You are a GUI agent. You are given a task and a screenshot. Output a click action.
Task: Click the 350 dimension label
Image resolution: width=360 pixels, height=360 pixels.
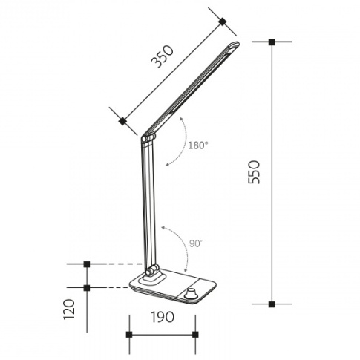coord(163,56)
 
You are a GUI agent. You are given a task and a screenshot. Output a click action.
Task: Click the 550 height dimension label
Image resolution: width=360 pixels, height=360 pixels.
coord(254,172)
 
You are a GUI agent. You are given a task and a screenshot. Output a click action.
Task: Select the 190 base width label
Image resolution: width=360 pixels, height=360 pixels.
coord(163,317)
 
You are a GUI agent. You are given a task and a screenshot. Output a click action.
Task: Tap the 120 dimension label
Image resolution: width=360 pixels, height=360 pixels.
coord(69,310)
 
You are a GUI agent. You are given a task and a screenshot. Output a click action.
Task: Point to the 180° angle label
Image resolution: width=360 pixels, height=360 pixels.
coord(198,145)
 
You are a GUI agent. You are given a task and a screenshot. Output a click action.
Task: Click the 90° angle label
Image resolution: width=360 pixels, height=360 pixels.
coord(196,243)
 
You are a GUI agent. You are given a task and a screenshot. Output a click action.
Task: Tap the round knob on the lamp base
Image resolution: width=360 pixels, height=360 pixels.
coord(191,293)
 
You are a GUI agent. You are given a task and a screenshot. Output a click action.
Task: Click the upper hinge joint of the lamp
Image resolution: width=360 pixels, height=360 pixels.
coord(148,139)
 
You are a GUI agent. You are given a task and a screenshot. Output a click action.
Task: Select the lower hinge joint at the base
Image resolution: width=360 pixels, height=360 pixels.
coord(152,269)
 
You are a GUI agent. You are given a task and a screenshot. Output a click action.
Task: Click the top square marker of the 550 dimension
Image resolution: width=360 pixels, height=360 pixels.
coord(272,42)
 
